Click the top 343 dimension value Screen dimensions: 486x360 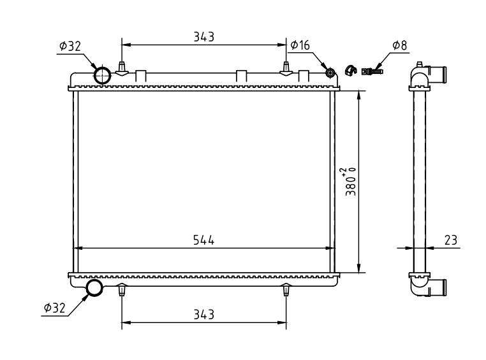tap(203, 37)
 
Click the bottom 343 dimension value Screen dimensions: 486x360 tap(203, 315)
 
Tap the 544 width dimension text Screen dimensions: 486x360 tap(203, 240)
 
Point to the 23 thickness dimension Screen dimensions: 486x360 tap(451, 240)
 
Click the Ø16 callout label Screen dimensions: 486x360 tap(300, 45)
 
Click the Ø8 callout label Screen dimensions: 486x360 tap(399, 45)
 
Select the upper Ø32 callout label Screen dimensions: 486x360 tap(70, 47)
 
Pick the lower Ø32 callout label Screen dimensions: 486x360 tap(55, 308)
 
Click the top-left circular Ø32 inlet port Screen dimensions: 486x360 tap(102, 75)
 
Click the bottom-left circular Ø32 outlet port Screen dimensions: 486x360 tap(94, 287)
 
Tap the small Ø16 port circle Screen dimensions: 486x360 tap(330, 73)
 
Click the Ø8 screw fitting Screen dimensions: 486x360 tap(372, 71)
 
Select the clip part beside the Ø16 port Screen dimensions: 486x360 tap(351, 70)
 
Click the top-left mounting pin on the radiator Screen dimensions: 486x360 tap(122, 69)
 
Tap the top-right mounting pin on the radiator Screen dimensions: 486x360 tap(286, 69)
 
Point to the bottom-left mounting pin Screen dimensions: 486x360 tap(122, 289)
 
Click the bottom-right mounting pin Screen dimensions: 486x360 tap(286, 289)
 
